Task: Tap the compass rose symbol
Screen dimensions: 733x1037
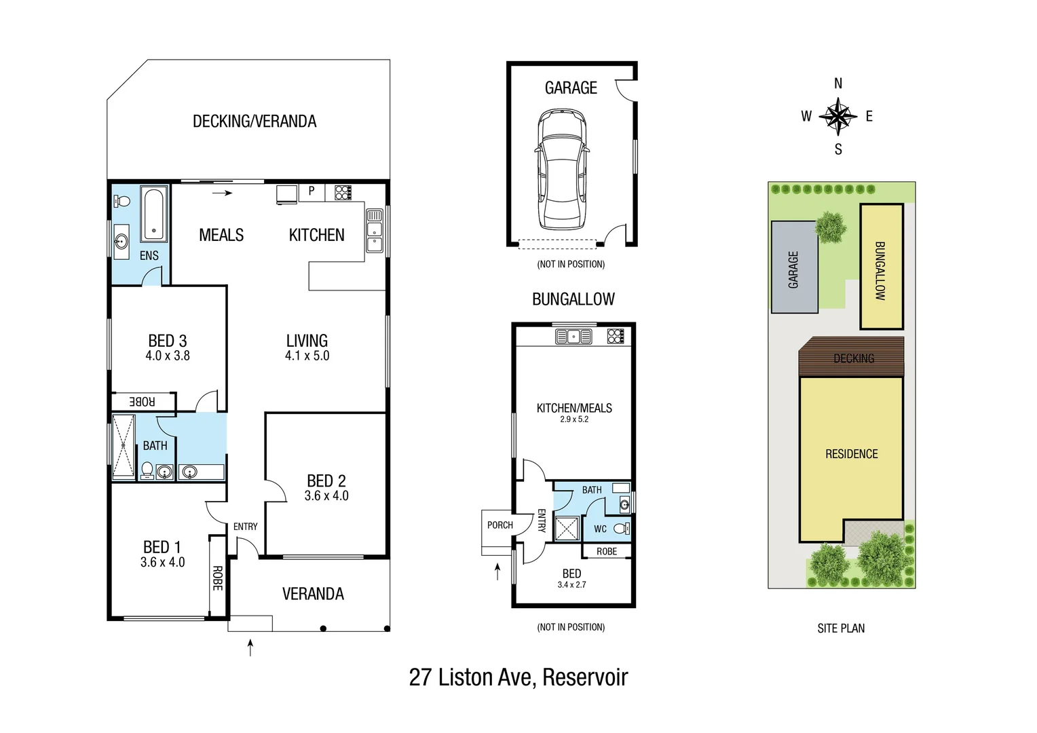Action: pos(838,116)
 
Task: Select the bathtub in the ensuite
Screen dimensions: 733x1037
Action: pos(154,214)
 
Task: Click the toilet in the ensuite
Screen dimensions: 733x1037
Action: pos(122,201)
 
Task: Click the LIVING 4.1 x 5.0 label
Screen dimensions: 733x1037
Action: pos(307,347)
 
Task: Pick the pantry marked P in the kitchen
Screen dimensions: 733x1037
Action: pos(312,191)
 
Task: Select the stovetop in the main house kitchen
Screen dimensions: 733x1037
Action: pos(343,192)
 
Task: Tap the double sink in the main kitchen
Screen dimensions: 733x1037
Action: pos(375,231)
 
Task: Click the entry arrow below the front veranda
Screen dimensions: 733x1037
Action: pos(250,647)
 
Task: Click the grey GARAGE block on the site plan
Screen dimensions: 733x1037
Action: pos(793,268)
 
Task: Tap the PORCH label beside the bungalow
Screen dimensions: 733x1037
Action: pos(499,525)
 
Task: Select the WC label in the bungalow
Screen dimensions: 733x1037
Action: pos(600,529)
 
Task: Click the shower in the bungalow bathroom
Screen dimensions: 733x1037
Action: pos(567,529)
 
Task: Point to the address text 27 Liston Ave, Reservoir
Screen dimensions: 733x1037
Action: pos(518,677)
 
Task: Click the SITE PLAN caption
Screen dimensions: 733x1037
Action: pos(841,628)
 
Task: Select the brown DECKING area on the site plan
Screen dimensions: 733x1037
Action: pos(852,358)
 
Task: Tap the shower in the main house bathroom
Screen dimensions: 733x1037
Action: pos(124,447)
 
